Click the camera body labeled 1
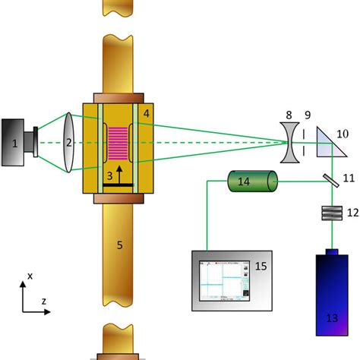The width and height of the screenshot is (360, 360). (x=13, y=143)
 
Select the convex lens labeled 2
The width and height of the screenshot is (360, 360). (x=68, y=143)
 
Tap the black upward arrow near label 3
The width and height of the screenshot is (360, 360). (x=119, y=175)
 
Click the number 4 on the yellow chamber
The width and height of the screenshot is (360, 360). (x=147, y=114)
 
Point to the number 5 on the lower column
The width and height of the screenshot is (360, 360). (x=120, y=245)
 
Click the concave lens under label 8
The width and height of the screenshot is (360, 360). (x=289, y=143)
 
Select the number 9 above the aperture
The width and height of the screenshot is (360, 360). (x=308, y=115)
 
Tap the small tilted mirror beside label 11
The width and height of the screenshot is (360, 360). (x=331, y=181)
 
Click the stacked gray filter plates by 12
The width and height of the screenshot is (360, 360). (x=332, y=213)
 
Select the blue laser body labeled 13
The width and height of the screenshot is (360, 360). (x=332, y=295)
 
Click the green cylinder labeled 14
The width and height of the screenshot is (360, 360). (x=253, y=181)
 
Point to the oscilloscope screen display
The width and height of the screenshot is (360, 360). (x=224, y=281)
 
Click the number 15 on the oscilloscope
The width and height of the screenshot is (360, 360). (x=261, y=266)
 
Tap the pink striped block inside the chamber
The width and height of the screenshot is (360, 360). (x=118, y=144)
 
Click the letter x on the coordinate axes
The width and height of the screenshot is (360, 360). (x=30, y=276)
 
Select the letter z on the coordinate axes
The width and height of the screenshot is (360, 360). (x=44, y=302)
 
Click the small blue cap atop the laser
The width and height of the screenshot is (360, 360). (x=332, y=252)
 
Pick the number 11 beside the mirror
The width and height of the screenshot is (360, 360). (x=349, y=178)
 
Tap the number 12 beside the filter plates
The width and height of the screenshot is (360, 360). (x=353, y=213)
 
